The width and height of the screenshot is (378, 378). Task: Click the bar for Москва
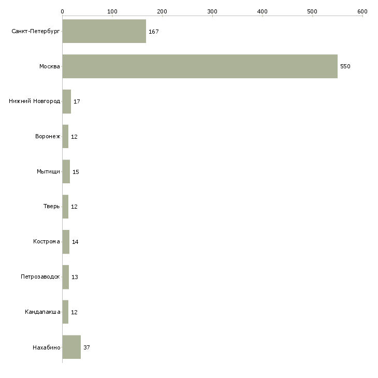tap(200, 66)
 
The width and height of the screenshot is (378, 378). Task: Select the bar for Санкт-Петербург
tap(104, 31)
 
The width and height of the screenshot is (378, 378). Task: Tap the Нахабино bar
tap(71, 347)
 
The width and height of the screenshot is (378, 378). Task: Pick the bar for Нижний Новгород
tap(66, 101)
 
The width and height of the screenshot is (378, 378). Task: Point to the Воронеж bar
tap(65, 137)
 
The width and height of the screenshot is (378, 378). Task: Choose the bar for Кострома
tap(66, 242)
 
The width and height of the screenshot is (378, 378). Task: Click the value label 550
tap(345, 66)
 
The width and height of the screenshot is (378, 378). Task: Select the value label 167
tap(154, 32)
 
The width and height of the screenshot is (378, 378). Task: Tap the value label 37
tap(86, 347)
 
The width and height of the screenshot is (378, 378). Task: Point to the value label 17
tap(77, 101)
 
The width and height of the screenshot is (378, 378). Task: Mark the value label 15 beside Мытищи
tap(76, 172)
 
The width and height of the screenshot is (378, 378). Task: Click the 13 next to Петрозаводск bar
tap(75, 277)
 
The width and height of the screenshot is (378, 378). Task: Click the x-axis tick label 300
tap(212, 11)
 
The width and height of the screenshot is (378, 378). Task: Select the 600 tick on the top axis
tap(362, 11)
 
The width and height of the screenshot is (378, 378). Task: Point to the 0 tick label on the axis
tap(63, 11)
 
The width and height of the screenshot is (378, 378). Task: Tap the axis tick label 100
tap(112, 11)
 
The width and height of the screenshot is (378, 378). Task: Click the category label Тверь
tap(52, 207)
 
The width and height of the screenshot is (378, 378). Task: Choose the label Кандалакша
tap(42, 312)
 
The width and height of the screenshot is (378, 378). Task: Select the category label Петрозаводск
tap(40, 277)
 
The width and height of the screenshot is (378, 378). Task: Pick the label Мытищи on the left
tap(48, 171)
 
